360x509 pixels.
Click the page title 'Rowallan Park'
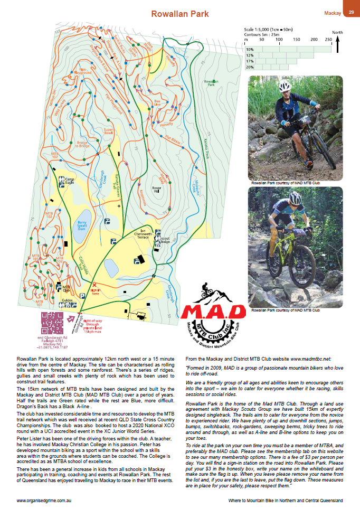(179, 14)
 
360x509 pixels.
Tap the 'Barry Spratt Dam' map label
(82, 226)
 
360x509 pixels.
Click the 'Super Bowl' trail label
(109, 131)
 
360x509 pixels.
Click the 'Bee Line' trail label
(157, 101)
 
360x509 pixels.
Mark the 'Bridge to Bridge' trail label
(83, 144)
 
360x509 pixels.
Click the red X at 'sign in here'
(94, 285)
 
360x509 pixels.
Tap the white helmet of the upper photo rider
(285, 86)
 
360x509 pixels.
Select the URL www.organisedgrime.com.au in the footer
(45, 500)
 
